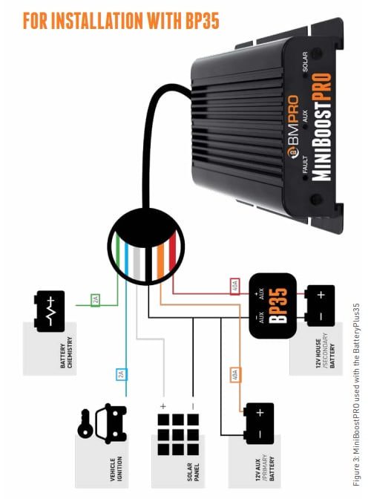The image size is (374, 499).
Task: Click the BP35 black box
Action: (x=272, y=305)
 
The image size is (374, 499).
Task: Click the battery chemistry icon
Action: (x=49, y=311)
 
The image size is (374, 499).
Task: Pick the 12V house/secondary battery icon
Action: (x=320, y=306)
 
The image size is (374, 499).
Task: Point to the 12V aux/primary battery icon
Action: (x=259, y=423)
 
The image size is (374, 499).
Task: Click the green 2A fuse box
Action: (x=96, y=300)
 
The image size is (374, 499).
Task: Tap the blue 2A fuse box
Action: (x=121, y=374)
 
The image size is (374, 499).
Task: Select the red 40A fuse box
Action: (x=234, y=287)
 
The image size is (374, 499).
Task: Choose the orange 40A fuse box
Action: (x=235, y=375)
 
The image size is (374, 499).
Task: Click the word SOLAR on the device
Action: (x=305, y=62)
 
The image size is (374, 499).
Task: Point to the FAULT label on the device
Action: (x=305, y=164)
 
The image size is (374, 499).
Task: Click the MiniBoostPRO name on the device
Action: (x=321, y=127)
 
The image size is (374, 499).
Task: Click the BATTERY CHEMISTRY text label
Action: (x=66, y=352)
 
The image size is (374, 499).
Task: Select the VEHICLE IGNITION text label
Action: (x=116, y=469)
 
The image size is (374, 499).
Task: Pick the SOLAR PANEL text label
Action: (x=193, y=472)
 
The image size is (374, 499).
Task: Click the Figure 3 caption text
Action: (x=356, y=394)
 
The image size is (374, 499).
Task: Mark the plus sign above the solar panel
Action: (x=163, y=406)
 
